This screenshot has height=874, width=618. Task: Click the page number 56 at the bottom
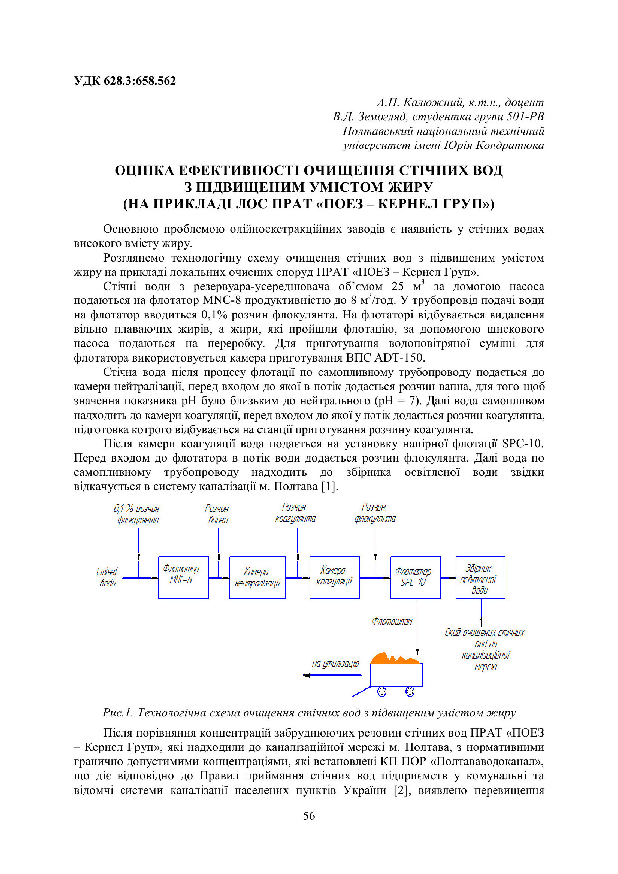coord(309,816)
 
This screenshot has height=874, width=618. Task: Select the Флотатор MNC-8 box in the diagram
coord(183,578)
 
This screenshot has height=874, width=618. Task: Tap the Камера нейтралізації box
coord(257,578)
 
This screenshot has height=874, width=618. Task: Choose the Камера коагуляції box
coord(334,578)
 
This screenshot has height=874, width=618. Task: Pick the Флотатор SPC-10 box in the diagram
coord(415,578)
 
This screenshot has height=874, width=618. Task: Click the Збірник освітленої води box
coord(480,578)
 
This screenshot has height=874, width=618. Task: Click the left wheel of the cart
coord(382,691)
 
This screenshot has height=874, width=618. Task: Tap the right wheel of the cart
coord(410,691)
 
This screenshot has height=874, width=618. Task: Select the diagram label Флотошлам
coord(392,621)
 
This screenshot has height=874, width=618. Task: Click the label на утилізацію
coord(335,664)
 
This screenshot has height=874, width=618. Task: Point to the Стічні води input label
coord(107,577)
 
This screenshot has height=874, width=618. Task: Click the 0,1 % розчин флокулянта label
coord(137,514)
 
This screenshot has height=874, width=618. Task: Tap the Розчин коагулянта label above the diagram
coord(295,513)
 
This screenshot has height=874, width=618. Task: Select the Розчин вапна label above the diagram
coord(217,514)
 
